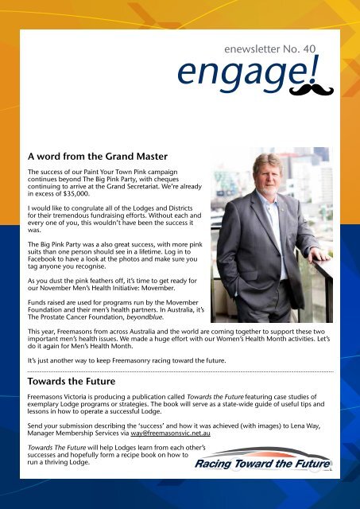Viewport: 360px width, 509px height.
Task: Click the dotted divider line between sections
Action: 180,371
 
